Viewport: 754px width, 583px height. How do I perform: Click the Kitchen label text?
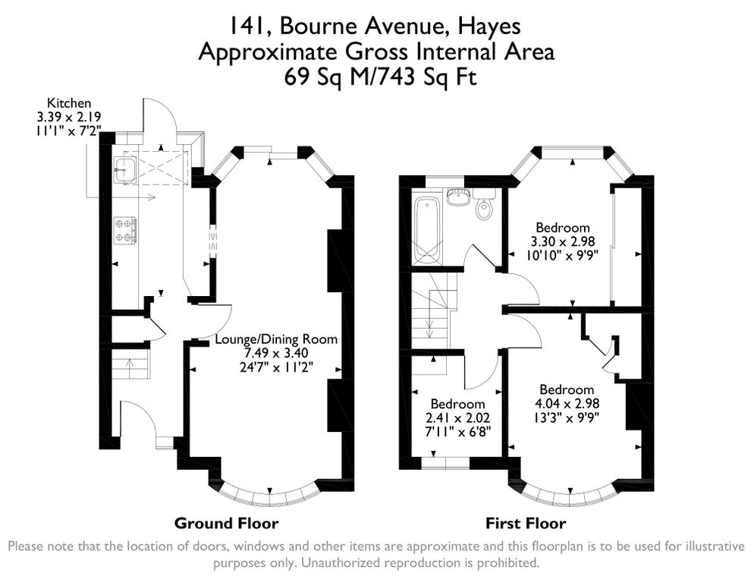click(69, 102)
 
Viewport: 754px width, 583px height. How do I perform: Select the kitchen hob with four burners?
click(124, 230)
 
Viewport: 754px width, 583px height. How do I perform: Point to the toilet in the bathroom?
click(484, 207)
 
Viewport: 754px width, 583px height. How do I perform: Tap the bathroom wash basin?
click(457, 197)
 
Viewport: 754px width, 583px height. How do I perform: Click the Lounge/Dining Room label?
click(276, 339)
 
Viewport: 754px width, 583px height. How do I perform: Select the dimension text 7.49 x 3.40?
click(276, 353)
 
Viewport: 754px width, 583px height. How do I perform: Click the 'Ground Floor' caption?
click(226, 523)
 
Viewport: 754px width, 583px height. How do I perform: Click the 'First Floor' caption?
click(525, 523)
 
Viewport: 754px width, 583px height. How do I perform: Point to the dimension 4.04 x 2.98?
click(562, 403)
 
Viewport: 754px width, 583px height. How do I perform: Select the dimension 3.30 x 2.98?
click(562, 241)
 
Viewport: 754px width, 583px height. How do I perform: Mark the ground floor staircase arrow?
click(128, 368)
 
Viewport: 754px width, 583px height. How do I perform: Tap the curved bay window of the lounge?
click(269, 497)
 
